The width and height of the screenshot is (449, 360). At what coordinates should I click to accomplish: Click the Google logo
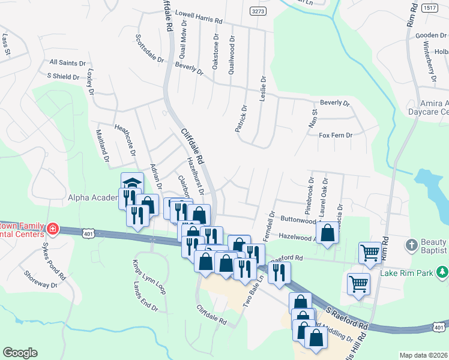(20, 353)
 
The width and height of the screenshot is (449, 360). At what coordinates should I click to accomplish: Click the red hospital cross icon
(52, 228)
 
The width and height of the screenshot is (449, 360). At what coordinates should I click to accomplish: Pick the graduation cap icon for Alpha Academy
(132, 183)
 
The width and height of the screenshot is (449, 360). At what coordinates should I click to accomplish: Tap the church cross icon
(411, 245)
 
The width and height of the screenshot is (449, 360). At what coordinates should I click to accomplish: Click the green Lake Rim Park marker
(442, 272)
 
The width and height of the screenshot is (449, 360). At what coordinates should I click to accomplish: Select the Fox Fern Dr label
(335, 136)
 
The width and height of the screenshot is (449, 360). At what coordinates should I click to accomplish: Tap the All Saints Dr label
(67, 62)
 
